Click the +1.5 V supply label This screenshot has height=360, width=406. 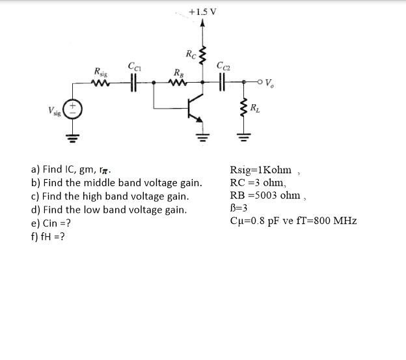203,11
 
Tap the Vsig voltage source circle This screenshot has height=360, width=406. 74,109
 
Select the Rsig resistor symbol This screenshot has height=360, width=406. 101,83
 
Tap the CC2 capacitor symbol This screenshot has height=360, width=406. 223,83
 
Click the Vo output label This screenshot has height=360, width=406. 269,83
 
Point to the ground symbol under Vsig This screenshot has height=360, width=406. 74,137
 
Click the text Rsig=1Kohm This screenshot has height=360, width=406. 261,171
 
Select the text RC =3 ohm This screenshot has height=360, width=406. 258,183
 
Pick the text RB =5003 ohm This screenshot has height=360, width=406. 265,195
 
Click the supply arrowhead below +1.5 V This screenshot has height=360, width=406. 202,24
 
